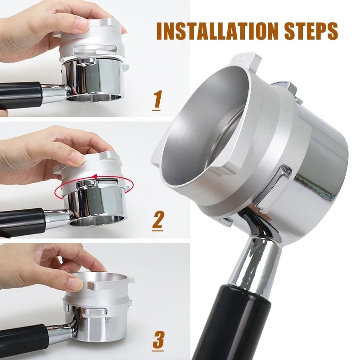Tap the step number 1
click(157, 99)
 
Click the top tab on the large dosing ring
click(245, 61)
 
